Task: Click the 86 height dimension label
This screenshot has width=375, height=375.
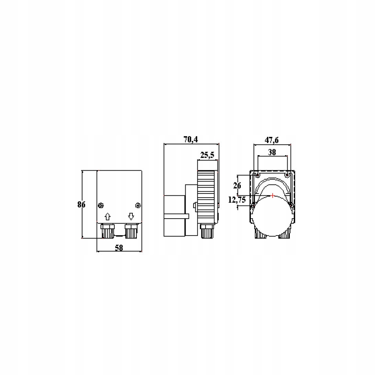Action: point(81,204)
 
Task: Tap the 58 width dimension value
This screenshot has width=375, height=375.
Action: point(119,248)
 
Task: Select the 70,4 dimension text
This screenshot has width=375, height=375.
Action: point(191,139)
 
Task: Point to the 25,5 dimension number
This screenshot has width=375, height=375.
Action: point(207,155)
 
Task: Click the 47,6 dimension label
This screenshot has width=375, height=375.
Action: point(271,140)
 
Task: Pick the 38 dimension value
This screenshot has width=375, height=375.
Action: point(272,152)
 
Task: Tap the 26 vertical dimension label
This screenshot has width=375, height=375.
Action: point(237,185)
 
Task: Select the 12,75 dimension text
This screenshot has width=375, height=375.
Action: point(237,200)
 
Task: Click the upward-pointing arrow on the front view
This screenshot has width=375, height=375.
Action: point(108,216)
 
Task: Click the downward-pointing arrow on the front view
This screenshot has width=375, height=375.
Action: point(131,216)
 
